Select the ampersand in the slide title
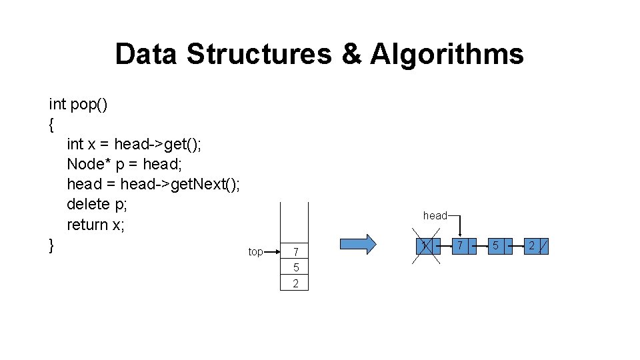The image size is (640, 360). point(351,55)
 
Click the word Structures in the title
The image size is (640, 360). point(259,55)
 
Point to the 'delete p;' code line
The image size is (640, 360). point(97,204)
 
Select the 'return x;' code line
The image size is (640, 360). point(95,225)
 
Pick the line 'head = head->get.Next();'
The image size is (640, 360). point(153,184)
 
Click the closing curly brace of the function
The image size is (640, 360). point(52,245)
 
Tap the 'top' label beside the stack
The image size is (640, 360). point(255,252)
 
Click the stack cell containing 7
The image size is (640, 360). point(295,252)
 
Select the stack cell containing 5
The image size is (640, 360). point(295,268)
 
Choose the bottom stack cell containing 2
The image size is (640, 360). point(295,283)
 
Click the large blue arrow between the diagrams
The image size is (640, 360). point(359,245)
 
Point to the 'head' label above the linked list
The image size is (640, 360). point(435,215)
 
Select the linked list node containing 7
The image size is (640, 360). point(461,246)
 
